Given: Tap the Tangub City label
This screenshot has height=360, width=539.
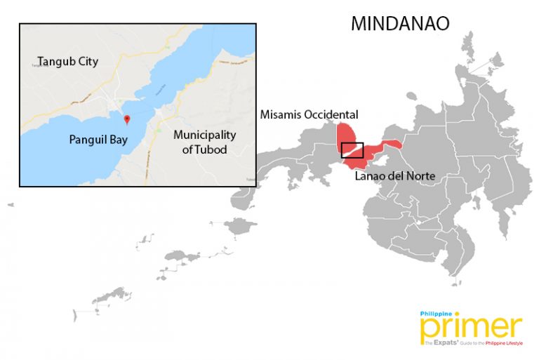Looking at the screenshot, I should (x=68, y=62).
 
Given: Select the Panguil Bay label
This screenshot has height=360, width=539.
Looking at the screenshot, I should (x=98, y=140).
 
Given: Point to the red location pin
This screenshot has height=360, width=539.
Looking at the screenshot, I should (x=126, y=119).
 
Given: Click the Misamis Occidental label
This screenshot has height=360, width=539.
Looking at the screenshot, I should (x=309, y=114).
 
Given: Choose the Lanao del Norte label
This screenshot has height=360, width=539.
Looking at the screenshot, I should (x=394, y=175).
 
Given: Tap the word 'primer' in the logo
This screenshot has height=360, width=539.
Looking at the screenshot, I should (x=471, y=328).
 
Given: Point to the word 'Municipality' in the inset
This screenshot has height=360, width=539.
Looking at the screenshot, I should (x=205, y=135).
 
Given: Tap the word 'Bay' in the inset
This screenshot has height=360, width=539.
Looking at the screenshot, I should (x=118, y=140).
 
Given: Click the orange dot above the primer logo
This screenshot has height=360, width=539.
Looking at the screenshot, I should (x=458, y=314).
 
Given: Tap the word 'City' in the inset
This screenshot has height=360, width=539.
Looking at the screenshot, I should (x=88, y=62).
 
